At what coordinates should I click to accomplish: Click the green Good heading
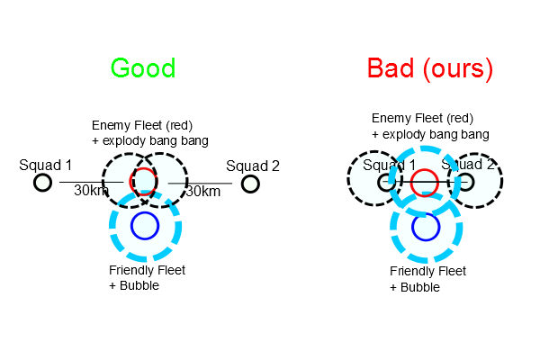click(142, 68)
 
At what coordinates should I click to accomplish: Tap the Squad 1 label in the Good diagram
click(46, 166)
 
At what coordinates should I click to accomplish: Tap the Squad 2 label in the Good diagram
click(253, 166)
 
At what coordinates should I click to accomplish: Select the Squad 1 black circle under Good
click(42, 184)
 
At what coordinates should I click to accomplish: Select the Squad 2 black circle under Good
click(250, 184)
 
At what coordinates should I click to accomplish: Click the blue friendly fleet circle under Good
click(144, 224)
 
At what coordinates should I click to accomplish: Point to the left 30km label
click(92, 191)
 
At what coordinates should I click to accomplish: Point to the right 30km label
click(202, 191)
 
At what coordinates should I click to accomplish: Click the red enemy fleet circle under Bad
click(425, 183)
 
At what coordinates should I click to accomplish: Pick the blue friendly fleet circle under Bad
click(425, 226)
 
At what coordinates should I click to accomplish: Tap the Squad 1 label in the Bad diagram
click(390, 165)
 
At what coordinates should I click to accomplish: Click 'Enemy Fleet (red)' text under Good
click(142, 124)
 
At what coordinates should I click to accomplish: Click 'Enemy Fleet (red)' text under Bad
click(423, 119)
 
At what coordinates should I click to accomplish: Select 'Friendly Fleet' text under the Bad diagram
click(428, 271)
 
